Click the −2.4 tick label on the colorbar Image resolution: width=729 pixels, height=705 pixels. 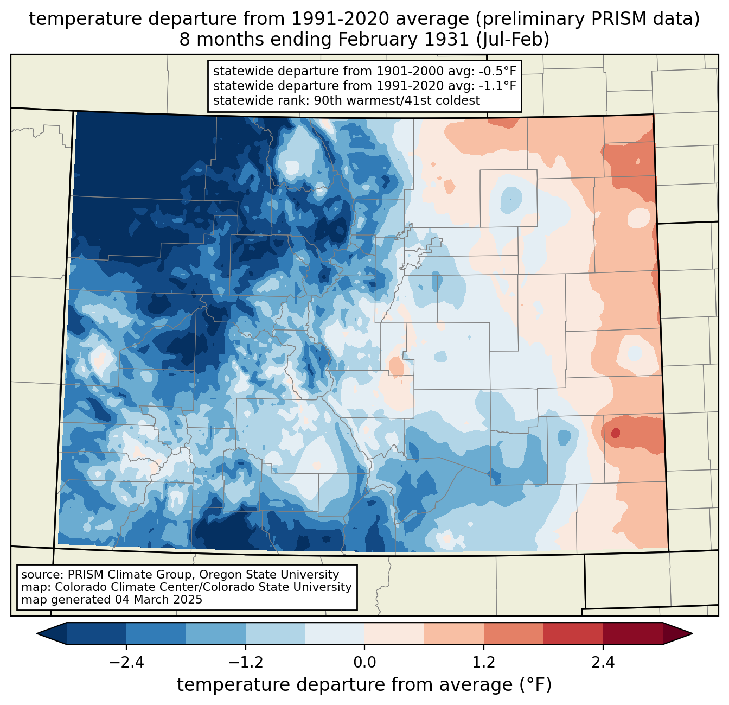tap(126, 662)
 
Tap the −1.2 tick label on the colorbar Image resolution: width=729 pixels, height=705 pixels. tap(246, 662)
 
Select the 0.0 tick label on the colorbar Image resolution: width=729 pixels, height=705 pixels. tap(364, 662)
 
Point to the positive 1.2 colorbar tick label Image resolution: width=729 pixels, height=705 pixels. tap(484, 662)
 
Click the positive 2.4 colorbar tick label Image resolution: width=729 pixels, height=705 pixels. tap(603, 662)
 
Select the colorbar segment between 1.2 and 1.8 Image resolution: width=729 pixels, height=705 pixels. tap(513, 633)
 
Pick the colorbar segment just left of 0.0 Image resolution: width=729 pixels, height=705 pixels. tap(335, 633)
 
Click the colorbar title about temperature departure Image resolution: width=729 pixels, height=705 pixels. tap(364, 684)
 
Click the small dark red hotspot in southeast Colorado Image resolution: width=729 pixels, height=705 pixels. tap(615, 433)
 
